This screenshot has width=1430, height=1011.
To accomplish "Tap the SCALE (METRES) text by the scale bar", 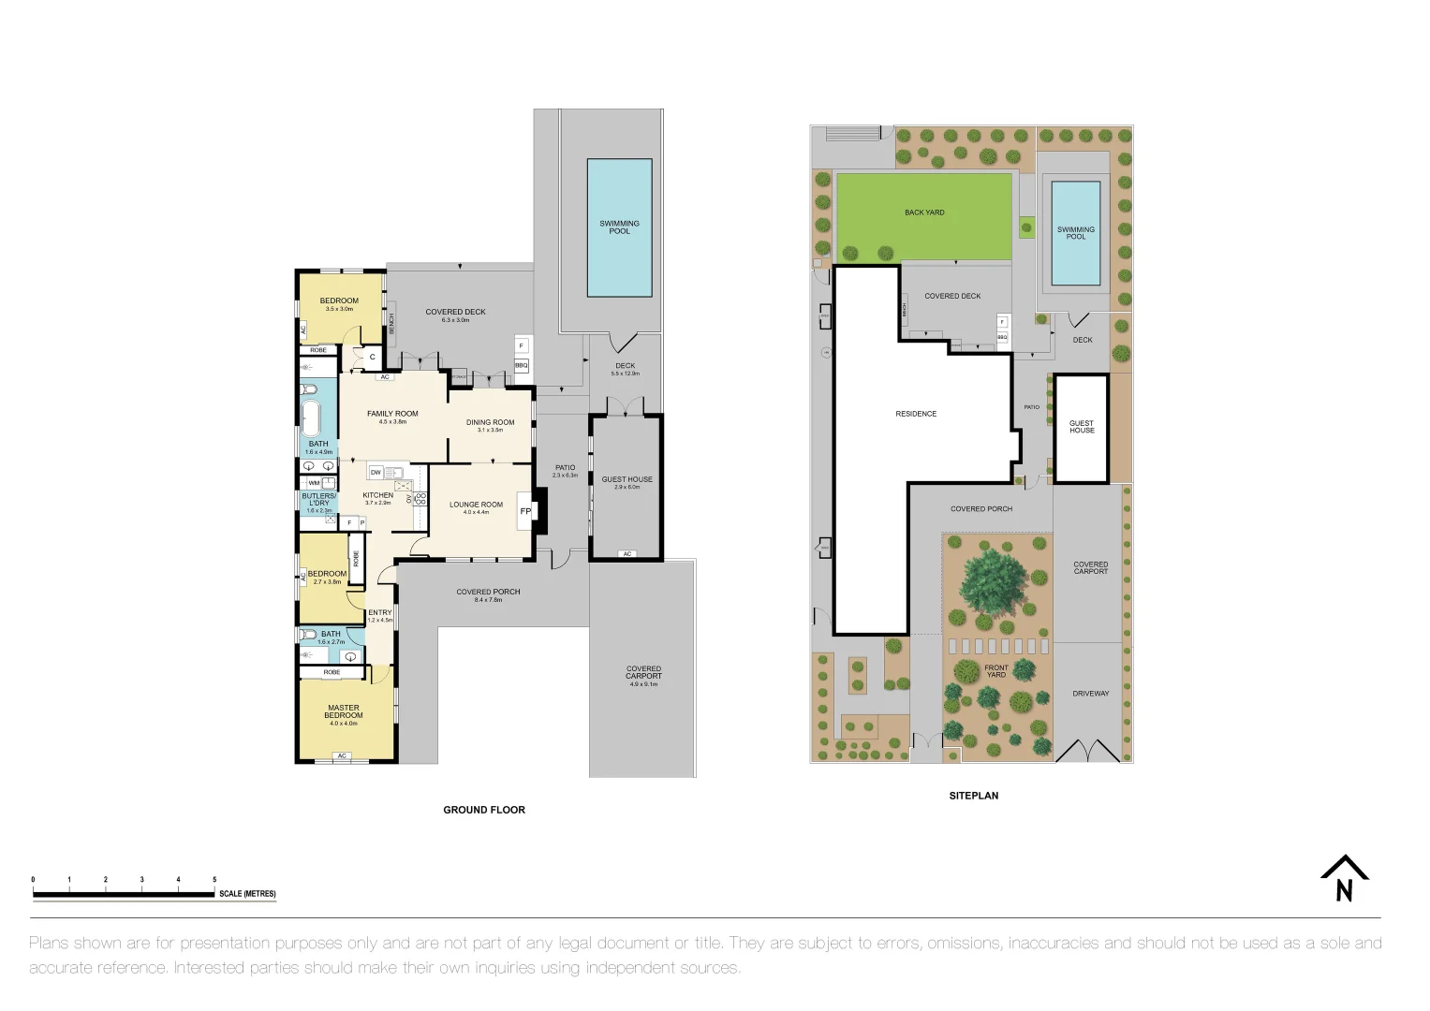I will pos(247,894).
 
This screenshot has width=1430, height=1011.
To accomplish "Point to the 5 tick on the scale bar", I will pos(214,880).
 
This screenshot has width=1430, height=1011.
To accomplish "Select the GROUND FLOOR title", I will pos(484,810).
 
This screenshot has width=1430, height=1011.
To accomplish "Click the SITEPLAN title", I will pos(974,796).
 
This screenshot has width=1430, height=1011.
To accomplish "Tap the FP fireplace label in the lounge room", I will pos(525,511).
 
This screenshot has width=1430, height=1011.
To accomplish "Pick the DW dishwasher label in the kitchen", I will pos(376,473).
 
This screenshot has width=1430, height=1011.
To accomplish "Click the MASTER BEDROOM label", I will pos(344,711).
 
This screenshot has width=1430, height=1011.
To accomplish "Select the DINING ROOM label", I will pos(490,422).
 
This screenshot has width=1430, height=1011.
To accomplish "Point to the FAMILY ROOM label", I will pos(392,414).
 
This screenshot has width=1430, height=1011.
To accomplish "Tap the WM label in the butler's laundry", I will pos(314,482).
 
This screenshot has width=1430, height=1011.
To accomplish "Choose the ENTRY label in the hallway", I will pos(380,612).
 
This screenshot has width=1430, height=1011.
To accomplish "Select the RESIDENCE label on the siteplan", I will pos(915,414).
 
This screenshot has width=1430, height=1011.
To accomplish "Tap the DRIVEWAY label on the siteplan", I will pos(1090,694).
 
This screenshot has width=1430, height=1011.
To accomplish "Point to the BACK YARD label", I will pos(924,212).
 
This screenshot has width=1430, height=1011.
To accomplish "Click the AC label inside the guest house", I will pos(627,554).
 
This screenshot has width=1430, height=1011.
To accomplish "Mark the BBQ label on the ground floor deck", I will pos(522,365).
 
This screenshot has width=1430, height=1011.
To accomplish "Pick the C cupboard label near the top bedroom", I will pos(372,357).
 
